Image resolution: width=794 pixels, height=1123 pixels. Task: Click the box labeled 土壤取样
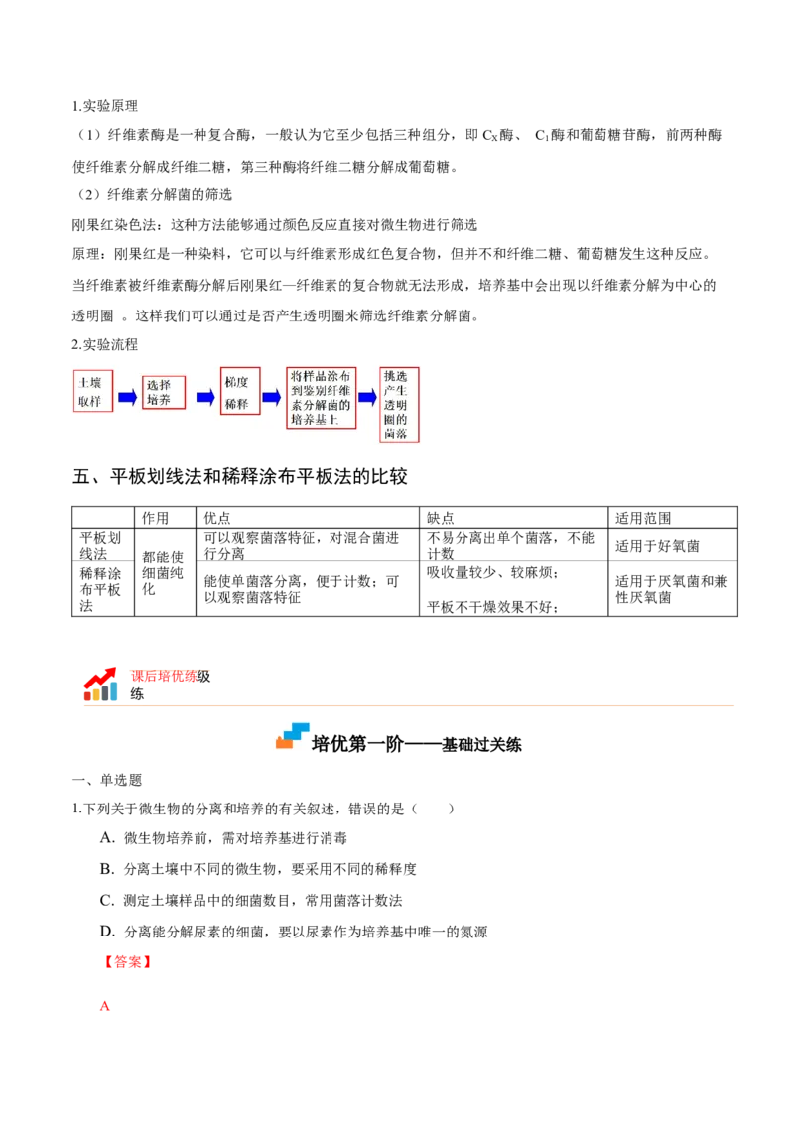coord(93,391)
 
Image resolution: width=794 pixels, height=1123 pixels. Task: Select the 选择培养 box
coord(163,391)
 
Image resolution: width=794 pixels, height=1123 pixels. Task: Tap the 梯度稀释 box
coord(240,391)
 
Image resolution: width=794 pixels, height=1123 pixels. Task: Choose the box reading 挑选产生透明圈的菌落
coord(399,405)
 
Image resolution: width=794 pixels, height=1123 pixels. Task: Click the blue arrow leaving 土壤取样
coord(128,398)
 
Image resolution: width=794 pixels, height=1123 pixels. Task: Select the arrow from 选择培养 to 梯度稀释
coord(205,398)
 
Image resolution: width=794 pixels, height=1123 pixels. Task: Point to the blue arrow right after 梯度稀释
coord(272,398)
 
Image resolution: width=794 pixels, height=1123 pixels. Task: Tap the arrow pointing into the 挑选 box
coord(368,398)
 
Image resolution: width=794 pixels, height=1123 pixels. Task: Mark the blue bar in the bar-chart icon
coord(114,690)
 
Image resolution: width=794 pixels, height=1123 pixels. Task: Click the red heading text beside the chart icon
coord(170,674)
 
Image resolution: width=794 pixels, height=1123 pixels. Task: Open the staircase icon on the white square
coord(294,734)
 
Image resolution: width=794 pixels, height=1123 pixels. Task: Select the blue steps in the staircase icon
coord(297,730)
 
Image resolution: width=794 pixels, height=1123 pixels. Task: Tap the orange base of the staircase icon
coord(284,744)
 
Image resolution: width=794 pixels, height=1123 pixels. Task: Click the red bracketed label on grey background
coord(127,962)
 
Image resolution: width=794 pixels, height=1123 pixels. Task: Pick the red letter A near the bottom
coord(103,1007)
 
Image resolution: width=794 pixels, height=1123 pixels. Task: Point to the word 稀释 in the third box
coord(237,403)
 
